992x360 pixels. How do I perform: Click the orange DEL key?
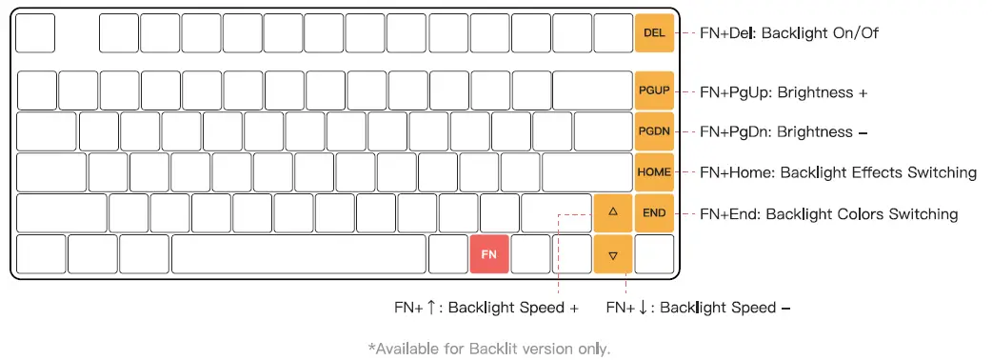(x=654, y=32)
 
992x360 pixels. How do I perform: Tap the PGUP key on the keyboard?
(x=654, y=90)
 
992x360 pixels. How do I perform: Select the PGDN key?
(x=654, y=131)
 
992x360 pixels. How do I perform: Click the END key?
(x=654, y=213)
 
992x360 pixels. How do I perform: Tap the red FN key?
(x=489, y=255)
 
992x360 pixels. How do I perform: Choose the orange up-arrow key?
(x=613, y=213)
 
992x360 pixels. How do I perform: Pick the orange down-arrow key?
(x=613, y=255)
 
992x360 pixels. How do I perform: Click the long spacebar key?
(x=299, y=255)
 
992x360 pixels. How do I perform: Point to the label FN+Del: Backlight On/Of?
(x=788, y=33)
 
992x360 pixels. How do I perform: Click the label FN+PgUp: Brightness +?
(x=784, y=92)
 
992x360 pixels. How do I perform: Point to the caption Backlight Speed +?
(x=512, y=308)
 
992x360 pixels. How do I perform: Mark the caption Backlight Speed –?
(x=725, y=308)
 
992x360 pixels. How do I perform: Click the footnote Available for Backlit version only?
(x=488, y=349)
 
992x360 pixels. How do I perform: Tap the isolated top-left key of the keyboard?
(x=36, y=33)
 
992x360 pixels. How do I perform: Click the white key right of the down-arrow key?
(x=654, y=255)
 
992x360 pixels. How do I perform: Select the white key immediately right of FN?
(x=530, y=255)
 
